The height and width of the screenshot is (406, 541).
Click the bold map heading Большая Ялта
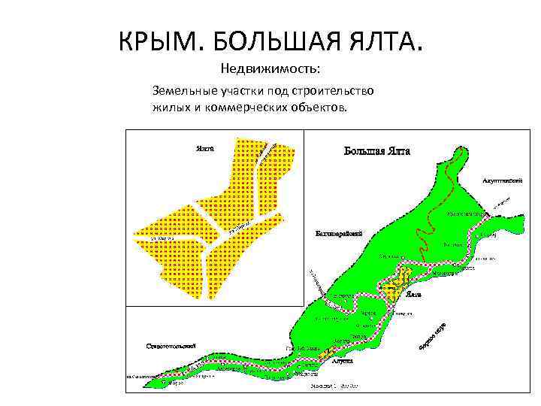(x=377, y=150)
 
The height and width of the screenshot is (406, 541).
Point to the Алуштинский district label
(x=501, y=181)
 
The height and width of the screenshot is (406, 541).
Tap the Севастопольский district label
(x=171, y=346)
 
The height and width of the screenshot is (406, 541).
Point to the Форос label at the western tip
(x=175, y=382)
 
